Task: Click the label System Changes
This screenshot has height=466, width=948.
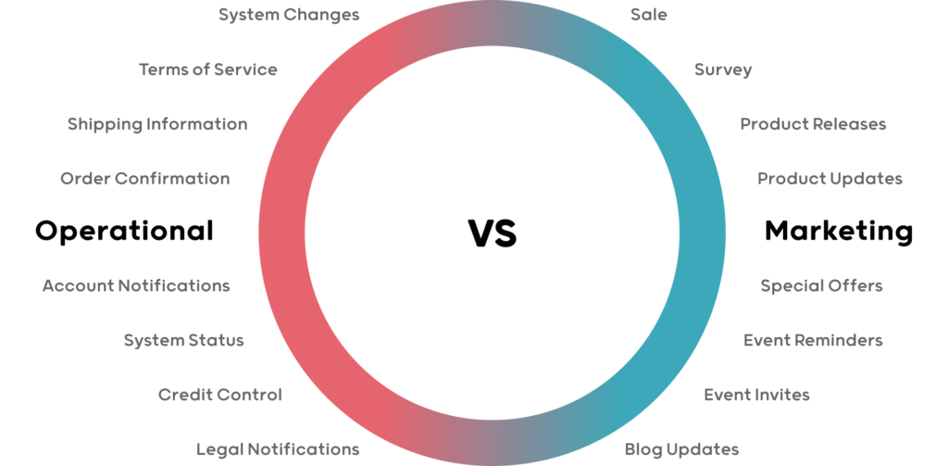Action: click(x=289, y=15)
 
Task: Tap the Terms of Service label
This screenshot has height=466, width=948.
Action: click(x=208, y=69)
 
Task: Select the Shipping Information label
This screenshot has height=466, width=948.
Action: click(x=157, y=125)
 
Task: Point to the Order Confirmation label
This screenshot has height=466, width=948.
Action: click(x=145, y=179)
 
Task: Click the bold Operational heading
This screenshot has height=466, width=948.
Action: click(x=125, y=232)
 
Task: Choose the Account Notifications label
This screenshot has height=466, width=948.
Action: click(x=136, y=285)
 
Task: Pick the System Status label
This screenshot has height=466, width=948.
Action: click(x=184, y=341)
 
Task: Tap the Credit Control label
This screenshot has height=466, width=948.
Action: click(x=220, y=395)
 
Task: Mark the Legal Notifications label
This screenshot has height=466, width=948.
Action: click(x=278, y=449)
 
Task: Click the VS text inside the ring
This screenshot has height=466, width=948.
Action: click(x=493, y=233)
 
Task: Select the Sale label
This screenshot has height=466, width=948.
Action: click(x=649, y=15)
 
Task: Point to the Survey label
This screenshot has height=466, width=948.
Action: click(x=723, y=70)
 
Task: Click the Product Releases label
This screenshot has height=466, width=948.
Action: click(x=813, y=124)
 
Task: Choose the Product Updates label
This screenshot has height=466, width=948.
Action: click(x=830, y=179)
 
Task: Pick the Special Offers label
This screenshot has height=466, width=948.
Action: click(x=822, y=286)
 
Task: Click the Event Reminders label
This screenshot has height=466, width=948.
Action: click(x=813, y=340)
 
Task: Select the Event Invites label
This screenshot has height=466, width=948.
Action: click(x=757, y=396)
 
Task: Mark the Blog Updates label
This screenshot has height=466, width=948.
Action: click(x=682, y=450)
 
